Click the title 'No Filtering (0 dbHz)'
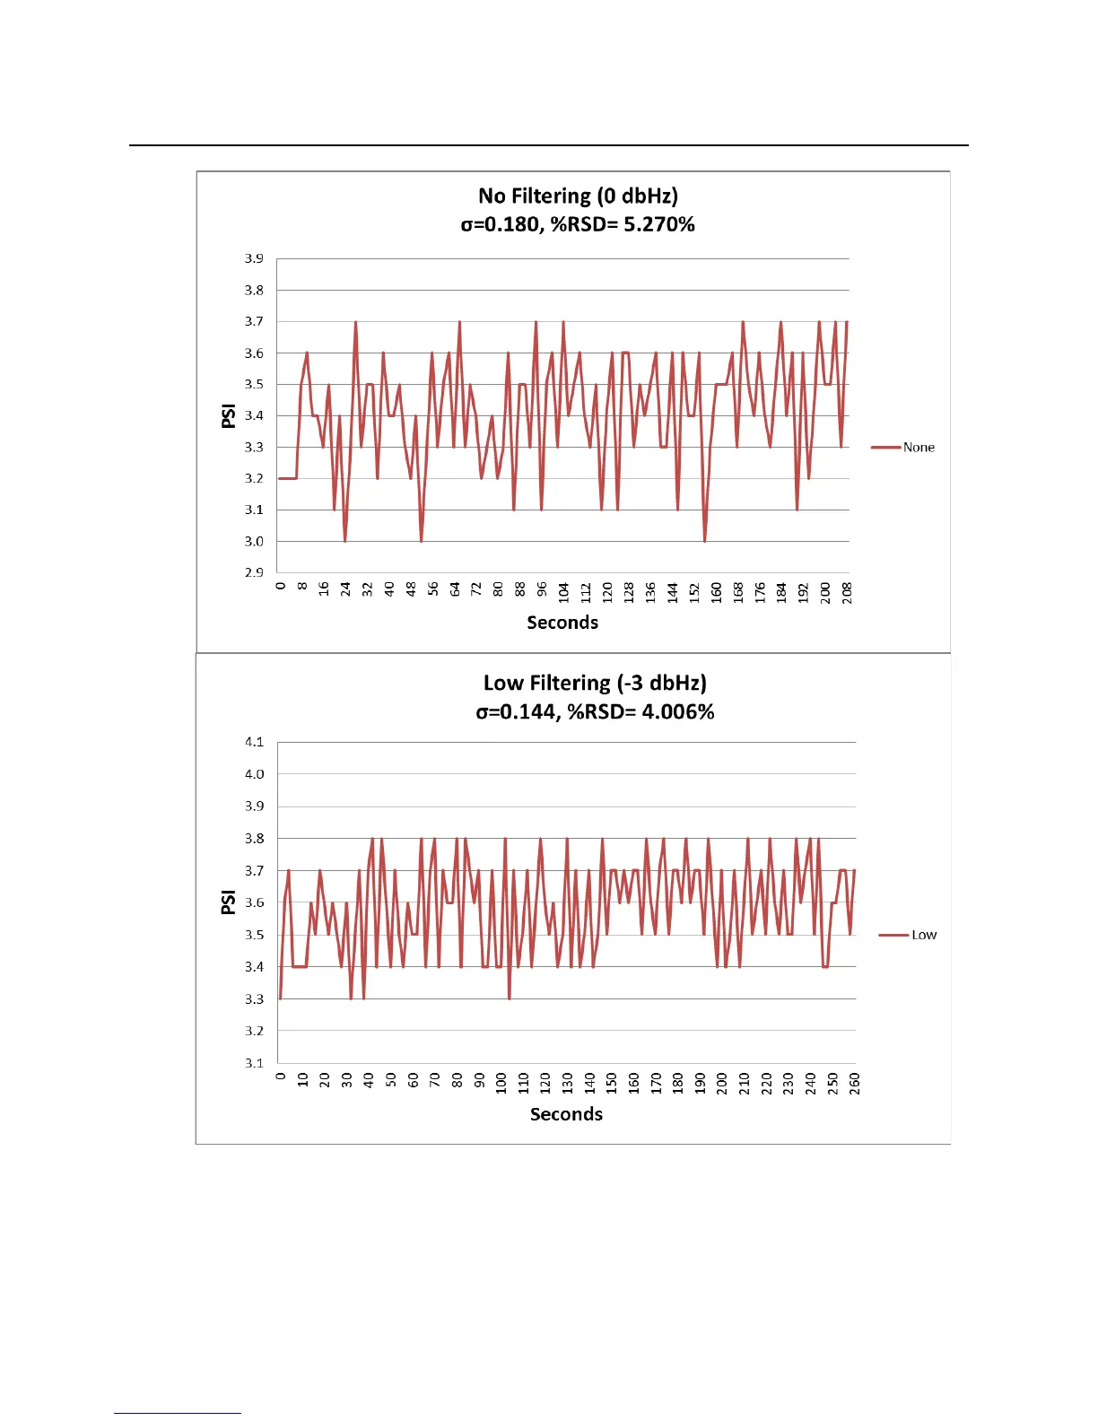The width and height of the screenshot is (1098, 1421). pos(578,196)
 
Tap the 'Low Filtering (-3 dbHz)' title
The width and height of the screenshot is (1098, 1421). pos(595,684)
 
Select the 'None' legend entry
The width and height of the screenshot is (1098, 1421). pos(918,448)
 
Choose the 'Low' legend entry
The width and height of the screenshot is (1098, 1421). pos(923,935)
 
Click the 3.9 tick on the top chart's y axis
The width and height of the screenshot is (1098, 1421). pos(254,258)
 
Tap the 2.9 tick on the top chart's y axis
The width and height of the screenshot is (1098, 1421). pos(254,572)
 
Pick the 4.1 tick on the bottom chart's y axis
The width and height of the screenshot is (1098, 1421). pos(254,742)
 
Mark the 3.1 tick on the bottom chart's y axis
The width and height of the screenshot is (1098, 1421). pos(254,1063)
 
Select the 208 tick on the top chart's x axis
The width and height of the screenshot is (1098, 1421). pos(848,592)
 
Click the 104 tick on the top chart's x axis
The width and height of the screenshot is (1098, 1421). pos(563,592)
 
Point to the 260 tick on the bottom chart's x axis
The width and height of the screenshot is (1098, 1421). pos(855,1083)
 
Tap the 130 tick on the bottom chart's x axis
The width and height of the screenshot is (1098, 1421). pos(568,1083)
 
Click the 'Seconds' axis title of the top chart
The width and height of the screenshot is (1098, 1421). pos(562,623)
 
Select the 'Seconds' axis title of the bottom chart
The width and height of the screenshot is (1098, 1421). pos(566,1114)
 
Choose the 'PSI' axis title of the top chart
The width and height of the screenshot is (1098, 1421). pos(229,415)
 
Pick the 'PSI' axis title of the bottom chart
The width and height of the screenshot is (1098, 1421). pos(229,902)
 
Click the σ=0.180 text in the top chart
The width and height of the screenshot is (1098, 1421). pos(499,224)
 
